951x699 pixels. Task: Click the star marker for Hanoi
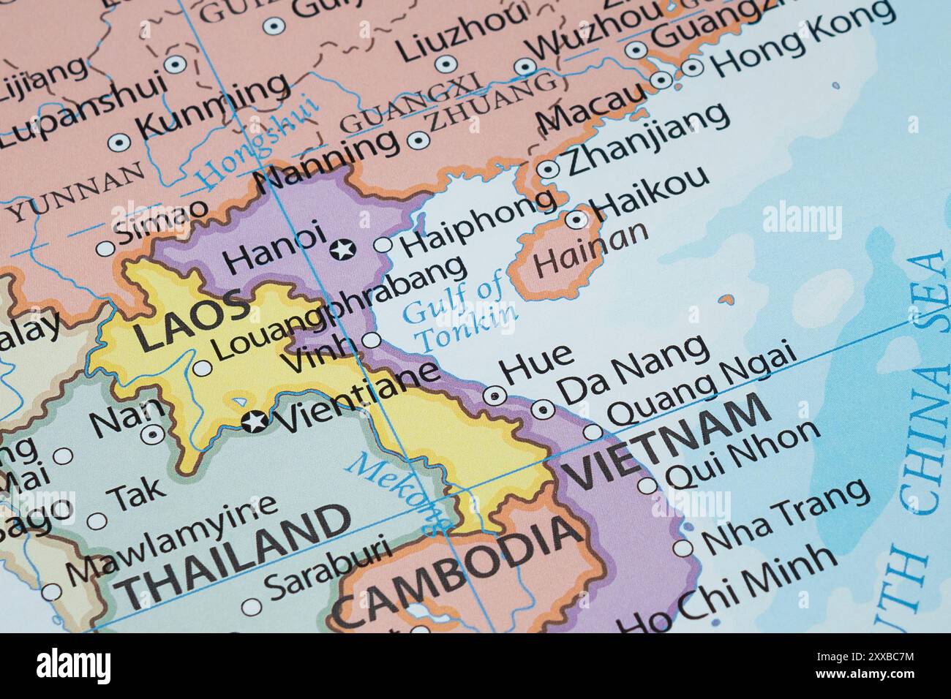coord(341,250)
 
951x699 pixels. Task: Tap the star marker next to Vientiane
coord(255,421)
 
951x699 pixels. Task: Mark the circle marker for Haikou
coord(576,219)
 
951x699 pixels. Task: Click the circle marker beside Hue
coord(495,396)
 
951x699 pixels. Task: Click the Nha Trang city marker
coord(682,548)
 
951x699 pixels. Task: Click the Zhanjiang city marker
coord(548,170)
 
